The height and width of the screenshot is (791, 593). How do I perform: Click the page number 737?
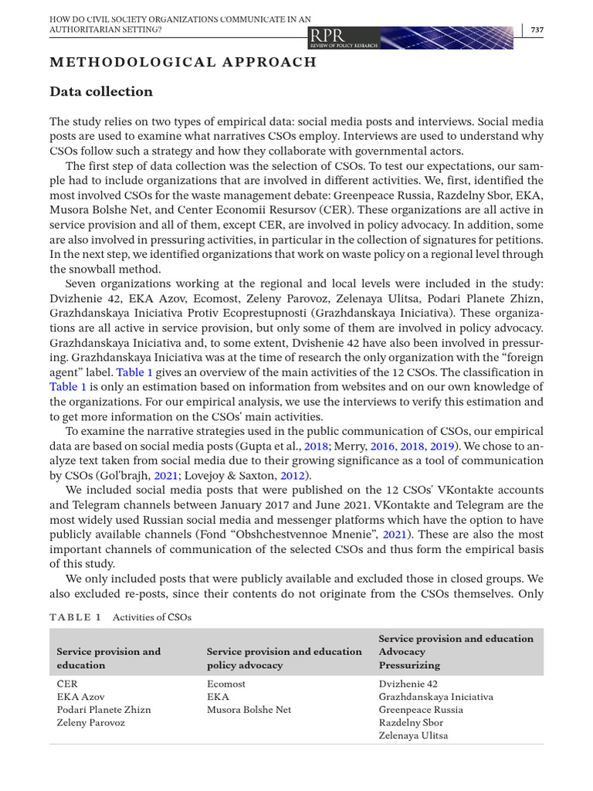click(x=537, y=29)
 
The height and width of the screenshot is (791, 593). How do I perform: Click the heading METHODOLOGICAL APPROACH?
click(x=183, y=62)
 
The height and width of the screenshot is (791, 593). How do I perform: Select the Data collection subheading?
click(x=101, y=92)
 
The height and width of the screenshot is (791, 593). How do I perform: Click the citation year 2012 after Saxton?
click(x=293, y=476)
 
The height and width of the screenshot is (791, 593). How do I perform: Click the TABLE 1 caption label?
click(x=76, y=617)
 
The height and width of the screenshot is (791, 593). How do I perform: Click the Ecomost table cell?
click(x=226, y=684)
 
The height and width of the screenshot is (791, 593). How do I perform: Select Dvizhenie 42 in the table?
click(x=408, y=684)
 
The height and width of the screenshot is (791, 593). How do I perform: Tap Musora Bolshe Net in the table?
click(x=249, y=709)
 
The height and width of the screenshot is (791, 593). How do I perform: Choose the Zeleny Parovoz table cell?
click(x=90, y=722)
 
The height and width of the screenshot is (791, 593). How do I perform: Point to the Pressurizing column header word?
click(x=409, y=664)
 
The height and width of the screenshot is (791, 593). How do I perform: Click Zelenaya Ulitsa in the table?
click(x=413, y=735)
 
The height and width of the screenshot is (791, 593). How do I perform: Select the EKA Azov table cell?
click(x=80, y=697)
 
